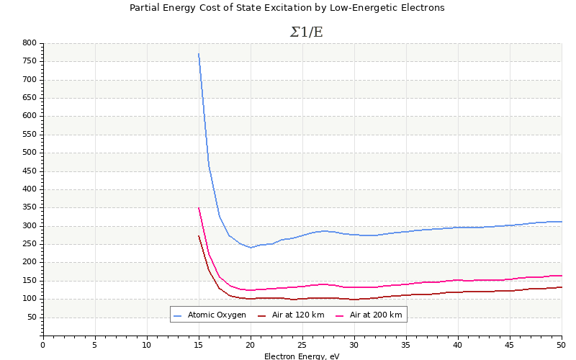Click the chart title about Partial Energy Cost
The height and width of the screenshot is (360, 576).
287,8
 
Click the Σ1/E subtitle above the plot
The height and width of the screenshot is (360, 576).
306,32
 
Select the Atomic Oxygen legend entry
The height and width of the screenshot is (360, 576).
217,315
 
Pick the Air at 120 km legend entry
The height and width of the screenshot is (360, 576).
297,315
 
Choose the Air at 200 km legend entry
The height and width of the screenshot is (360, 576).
375,315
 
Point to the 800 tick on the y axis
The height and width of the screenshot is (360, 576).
29,43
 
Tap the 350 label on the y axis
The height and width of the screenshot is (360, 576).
29,207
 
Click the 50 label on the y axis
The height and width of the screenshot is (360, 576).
31,318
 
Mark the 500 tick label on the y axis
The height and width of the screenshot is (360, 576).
29,153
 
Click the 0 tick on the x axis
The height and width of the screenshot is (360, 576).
43,344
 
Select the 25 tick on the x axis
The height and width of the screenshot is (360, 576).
302,344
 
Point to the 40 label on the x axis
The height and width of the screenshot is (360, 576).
458,344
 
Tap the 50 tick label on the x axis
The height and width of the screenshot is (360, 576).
561,344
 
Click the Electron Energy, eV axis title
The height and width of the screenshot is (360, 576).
301,356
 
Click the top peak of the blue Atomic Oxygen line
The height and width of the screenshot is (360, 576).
199,54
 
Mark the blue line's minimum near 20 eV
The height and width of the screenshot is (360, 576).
251,248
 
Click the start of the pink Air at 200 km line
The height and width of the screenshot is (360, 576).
199,208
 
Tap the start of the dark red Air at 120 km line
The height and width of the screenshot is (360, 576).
199,236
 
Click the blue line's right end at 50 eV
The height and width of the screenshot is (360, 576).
561,222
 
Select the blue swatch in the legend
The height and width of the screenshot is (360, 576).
178,315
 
